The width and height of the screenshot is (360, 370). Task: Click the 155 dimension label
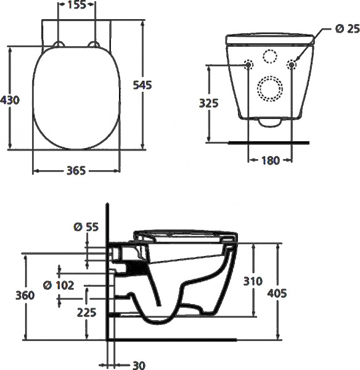76,6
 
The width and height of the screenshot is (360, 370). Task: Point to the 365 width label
76,171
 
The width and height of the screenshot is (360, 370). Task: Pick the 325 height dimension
210,104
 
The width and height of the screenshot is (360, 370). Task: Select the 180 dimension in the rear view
271,161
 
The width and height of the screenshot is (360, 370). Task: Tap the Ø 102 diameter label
59,285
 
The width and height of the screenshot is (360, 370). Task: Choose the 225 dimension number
87,313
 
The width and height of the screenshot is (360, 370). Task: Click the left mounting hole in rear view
249,65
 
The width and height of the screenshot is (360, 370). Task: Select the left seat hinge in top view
59,44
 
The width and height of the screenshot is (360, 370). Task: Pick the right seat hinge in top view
95,44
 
